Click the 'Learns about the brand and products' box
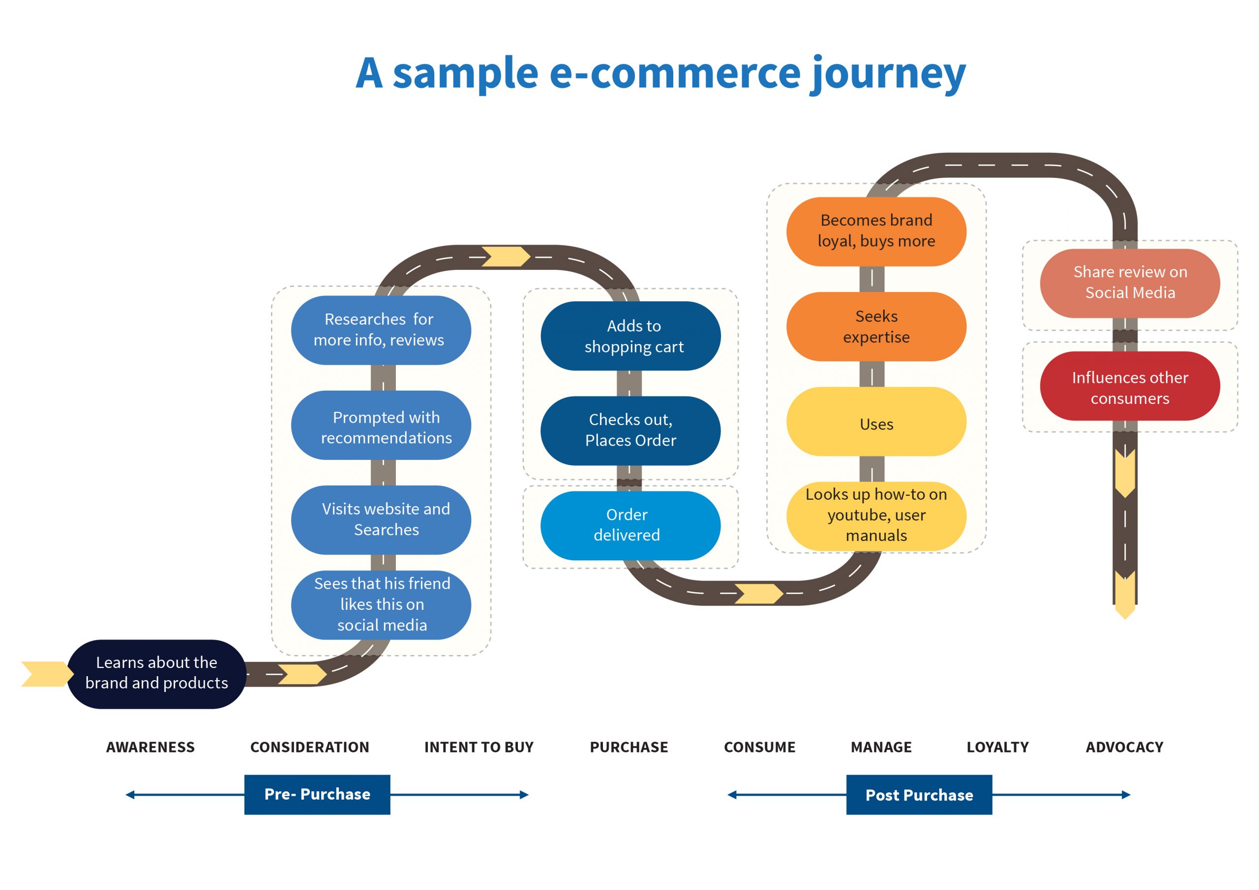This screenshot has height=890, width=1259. point(156,674)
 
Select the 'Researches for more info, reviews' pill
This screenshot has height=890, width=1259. point(381,330)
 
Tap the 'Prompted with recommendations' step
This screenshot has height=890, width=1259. point(381,425)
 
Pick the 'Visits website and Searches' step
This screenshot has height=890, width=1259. point(381,519)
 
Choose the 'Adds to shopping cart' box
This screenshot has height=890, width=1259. point(630,336)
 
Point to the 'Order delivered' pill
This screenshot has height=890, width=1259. point(630,525)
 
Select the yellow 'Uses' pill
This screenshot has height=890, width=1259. point(876,422)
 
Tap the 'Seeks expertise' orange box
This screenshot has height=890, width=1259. point(876,327)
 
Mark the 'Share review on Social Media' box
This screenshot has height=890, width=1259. point(1130,283)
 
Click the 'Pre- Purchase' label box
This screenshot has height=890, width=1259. point(317,794)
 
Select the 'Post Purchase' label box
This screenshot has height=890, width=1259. point(919,795)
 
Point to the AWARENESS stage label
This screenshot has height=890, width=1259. point(150,747)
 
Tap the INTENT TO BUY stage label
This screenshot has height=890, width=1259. point(479,747)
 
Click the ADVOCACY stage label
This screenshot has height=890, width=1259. point(1124,747)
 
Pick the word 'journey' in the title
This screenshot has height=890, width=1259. point(888,74)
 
